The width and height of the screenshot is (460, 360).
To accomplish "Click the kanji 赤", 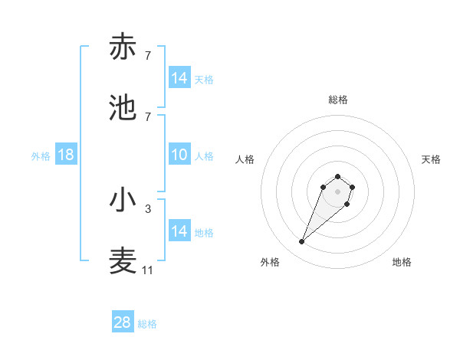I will coord(123,47).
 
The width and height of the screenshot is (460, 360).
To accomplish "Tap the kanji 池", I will coord(123,108).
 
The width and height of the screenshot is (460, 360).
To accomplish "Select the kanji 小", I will coord(123,200).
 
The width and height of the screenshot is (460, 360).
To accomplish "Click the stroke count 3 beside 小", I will coord(148,208).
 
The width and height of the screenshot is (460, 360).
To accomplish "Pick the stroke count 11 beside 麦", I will coord(148,270).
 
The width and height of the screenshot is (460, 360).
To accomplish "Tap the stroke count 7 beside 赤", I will coord(148,56).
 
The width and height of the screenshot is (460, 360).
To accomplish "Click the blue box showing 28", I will coord(123,322).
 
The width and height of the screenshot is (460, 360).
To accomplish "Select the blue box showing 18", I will coord(66,155).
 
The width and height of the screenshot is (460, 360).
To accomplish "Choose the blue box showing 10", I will coord(179,155).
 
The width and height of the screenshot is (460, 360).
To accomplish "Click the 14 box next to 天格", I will coord(179,78).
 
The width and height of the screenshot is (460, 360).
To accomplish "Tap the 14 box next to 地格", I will coord(179,231).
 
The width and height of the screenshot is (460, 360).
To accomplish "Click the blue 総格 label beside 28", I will coord(147,324).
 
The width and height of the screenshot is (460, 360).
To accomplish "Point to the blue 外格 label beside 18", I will coord(41,156).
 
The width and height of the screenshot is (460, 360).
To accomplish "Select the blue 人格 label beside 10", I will coord(204,156).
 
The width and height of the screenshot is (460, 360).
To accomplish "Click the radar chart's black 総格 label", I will coord(338,100).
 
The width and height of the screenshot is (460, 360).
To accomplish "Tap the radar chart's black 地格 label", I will coord(402,262).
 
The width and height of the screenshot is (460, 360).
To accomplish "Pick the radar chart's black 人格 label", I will coord(245,159).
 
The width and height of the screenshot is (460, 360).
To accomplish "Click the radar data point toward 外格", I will coord(302,242).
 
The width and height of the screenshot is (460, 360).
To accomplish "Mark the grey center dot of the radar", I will coord(338,191).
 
